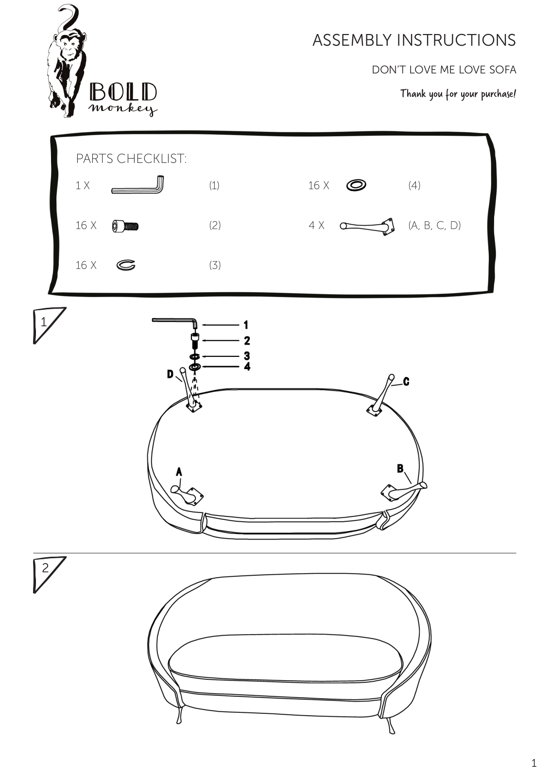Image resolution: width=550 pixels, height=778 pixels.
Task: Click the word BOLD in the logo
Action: pyautogui.click(x=123, y=92)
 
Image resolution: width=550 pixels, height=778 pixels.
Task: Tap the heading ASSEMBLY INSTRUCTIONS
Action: pyautogui.click(x=414, y=40)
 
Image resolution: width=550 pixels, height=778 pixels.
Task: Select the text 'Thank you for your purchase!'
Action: pyautogui.click(x=458, y=94)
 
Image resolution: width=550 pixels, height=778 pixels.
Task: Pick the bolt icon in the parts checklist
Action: pyautogui.click(x=125, y=226)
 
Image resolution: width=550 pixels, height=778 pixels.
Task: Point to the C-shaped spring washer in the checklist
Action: pyautogui.click(x=126, y=265)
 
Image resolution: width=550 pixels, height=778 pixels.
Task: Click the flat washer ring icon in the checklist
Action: pyautogui.click(x=356, y=185)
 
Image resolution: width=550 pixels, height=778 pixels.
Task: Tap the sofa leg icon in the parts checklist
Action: pyautogui.click(x=367, y=227)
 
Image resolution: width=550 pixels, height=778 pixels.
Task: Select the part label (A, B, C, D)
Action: pyautogui.click(x=434, y=226)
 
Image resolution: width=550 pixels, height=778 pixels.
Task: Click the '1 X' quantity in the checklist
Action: pyautogui.click(x=83, y=185)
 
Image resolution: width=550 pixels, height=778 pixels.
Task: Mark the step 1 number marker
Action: pyautogui.click(x=44, y=322)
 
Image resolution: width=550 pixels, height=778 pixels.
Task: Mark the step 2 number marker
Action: pyautogui.click(x=45, y=568)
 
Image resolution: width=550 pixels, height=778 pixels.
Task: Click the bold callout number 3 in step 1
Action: pyautogui.click(x=247, y=355)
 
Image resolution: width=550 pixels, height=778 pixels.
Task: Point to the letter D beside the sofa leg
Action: pyautogui.click(x=170, y=374)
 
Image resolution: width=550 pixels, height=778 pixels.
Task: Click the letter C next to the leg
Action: pyautogui.click(x=406, y=382)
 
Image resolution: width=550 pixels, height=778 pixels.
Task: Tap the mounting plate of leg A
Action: pyautogui.click(x=195, y=496)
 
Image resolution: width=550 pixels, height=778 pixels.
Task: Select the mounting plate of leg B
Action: pyautogui.click(x=388, y=493)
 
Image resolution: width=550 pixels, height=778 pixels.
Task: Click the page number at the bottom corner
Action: pyautogui.click(x=533, y=763)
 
